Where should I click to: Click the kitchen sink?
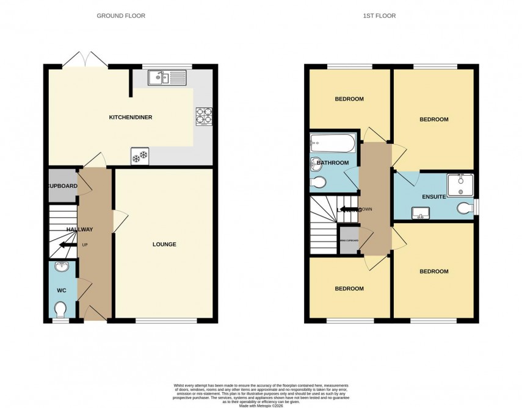pyautogui.click(x=170, y=77)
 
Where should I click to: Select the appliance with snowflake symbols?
pyautogui.click(x=140, y=157)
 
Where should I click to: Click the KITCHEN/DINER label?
pyautogui.click(x=130, y=117)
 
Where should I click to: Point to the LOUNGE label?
pyautogui.click(x=164, y=245)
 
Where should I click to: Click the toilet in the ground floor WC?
pyautogui.click(x=60, y=311)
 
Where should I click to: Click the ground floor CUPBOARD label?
pyautogui.click(x=63, y=185)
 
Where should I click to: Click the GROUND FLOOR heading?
pyautogui.click(x=121, y=16)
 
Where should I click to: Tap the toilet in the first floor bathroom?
pyautogui.click(x=317, y=181)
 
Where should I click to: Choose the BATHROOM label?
pyautogui.click(x=333, y=163)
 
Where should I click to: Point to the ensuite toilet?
pyautogui.click(x=467, y=209)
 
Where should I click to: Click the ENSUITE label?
pyautogui.click(x=434, y=197)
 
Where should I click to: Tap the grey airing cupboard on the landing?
pyautogui.click(x=349, y=240)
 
